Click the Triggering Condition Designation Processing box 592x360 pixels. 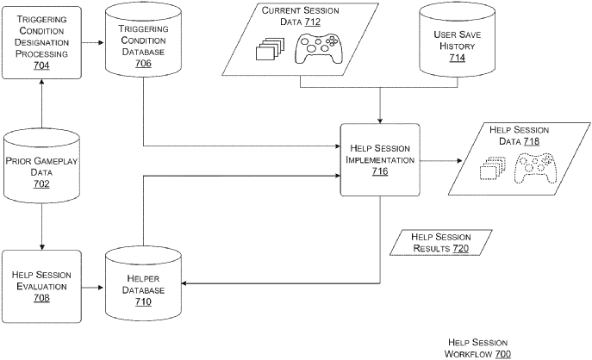click(x=41, y=41)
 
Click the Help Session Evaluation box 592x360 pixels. click(x=41, y=286)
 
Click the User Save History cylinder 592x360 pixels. click(x=456, y=40)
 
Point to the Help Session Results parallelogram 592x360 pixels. click(x=439, y=242)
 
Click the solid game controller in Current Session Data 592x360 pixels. click(x=318, y=49)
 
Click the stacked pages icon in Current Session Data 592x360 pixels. click(x=269, y=51)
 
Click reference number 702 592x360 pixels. click(x=41, y=184)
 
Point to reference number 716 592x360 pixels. click(x=379, y=172)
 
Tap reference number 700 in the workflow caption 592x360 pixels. click(x=502, y=353)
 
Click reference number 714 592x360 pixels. click(x=456, y=58)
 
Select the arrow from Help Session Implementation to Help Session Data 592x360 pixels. click(x=441, y=160)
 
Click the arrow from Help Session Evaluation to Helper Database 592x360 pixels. click(x=93, y=286)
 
